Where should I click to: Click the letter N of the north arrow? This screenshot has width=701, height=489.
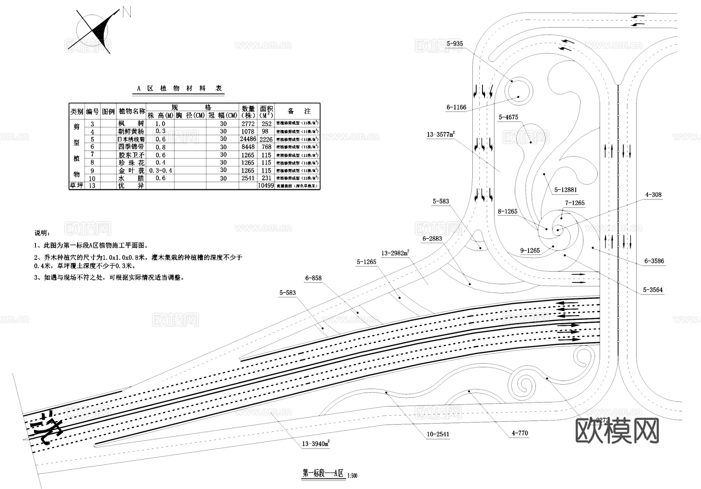[127, 12]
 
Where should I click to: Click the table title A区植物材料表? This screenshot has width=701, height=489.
[180, 88]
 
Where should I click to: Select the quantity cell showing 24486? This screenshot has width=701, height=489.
[248, 139]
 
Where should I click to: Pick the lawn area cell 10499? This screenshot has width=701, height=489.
[266, 186]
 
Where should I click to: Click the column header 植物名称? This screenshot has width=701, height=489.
[132, 111]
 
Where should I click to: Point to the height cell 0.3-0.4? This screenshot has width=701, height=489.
[160, 170]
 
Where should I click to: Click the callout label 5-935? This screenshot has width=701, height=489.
[454, 44]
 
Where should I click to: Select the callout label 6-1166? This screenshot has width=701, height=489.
[456, 107]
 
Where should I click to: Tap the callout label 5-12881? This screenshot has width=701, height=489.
[566, 190]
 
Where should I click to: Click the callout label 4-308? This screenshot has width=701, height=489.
[653, 195]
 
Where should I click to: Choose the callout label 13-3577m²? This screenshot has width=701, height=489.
[440, 135]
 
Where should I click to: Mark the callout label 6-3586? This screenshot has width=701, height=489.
[654, 261]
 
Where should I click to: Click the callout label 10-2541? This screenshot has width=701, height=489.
[438, 434]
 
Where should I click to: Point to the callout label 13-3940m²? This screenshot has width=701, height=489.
[316, 444]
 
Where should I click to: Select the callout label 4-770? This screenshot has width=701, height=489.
[520, 433]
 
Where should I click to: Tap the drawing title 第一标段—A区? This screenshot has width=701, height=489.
[323, 473]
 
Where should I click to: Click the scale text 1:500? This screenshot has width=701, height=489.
[352, 475]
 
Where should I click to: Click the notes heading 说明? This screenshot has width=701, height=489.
[42, 233]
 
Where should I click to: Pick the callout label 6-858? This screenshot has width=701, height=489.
[314, 278]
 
